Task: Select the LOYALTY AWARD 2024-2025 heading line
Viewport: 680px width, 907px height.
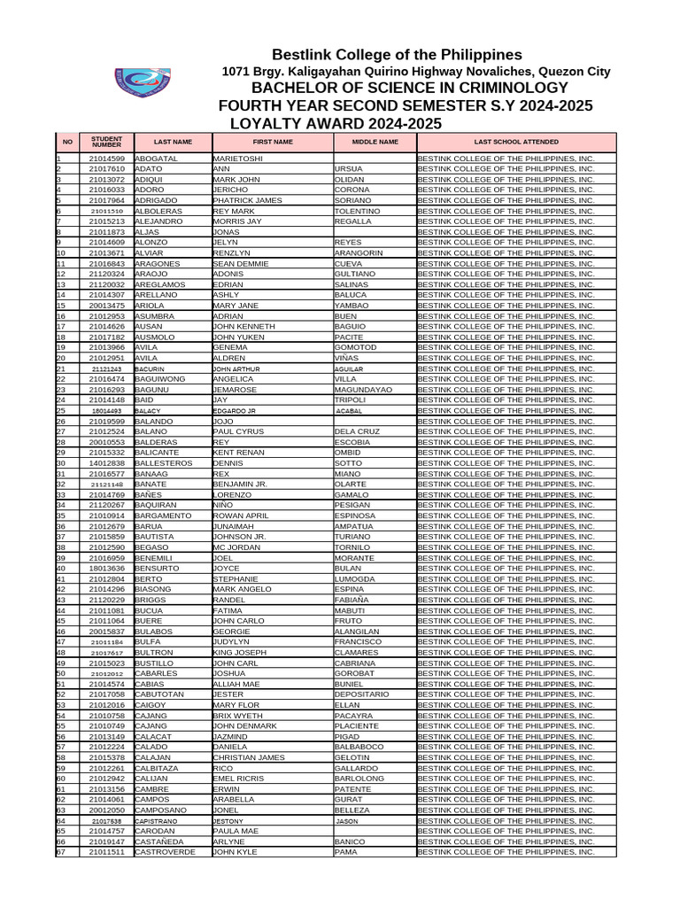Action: click(335, 123)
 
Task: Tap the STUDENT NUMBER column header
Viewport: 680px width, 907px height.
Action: click(106, 141)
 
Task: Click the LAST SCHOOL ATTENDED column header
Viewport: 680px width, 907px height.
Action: click(515, 141)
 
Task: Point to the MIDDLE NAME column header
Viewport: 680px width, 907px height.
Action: click(375, 141)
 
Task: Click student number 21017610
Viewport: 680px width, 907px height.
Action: click(106, 169)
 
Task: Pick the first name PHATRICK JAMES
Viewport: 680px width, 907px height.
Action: click(247, 201)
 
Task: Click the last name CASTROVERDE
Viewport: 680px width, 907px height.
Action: click(165, 852)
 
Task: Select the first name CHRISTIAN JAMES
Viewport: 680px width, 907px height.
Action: click(249, 757)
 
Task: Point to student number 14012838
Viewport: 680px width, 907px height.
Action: click(106, 463)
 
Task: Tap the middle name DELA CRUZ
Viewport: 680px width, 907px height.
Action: click(357, 431)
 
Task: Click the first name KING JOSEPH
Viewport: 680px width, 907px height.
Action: click(239, 653)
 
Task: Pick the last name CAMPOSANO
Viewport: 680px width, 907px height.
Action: click(161, 810)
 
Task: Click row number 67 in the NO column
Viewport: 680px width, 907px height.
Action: click(61, 852)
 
